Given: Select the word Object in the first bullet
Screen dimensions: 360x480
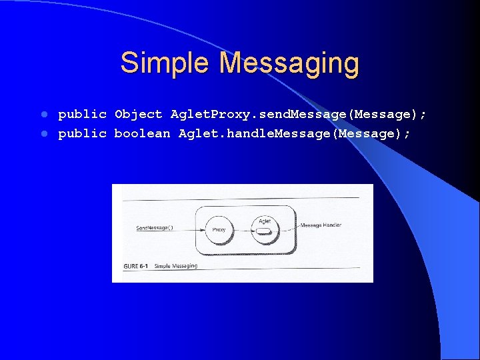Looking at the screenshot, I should [138, 115].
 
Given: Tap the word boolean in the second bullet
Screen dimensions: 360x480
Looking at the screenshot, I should [142, 134].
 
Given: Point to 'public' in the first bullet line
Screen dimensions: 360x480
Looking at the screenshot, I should [82, 115].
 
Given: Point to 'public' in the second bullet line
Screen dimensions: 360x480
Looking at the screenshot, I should [82, 134].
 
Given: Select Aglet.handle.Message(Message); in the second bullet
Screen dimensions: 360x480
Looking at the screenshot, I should [295, 134].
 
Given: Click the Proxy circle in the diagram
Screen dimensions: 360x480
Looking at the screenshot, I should [219, 229].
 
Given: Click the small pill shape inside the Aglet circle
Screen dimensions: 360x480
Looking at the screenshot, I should [264, 231].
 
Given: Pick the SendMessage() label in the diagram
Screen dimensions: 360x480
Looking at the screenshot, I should [154, 228].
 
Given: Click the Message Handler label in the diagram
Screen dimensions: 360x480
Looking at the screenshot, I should [321, 225].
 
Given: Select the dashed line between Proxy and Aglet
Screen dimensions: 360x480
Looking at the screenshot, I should [243, 231].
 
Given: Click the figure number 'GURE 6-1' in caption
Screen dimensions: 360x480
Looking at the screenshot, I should [136, 266].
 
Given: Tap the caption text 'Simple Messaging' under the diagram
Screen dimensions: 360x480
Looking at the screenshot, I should [176, 266].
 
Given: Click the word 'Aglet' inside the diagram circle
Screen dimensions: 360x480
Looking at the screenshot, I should [264, 220].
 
